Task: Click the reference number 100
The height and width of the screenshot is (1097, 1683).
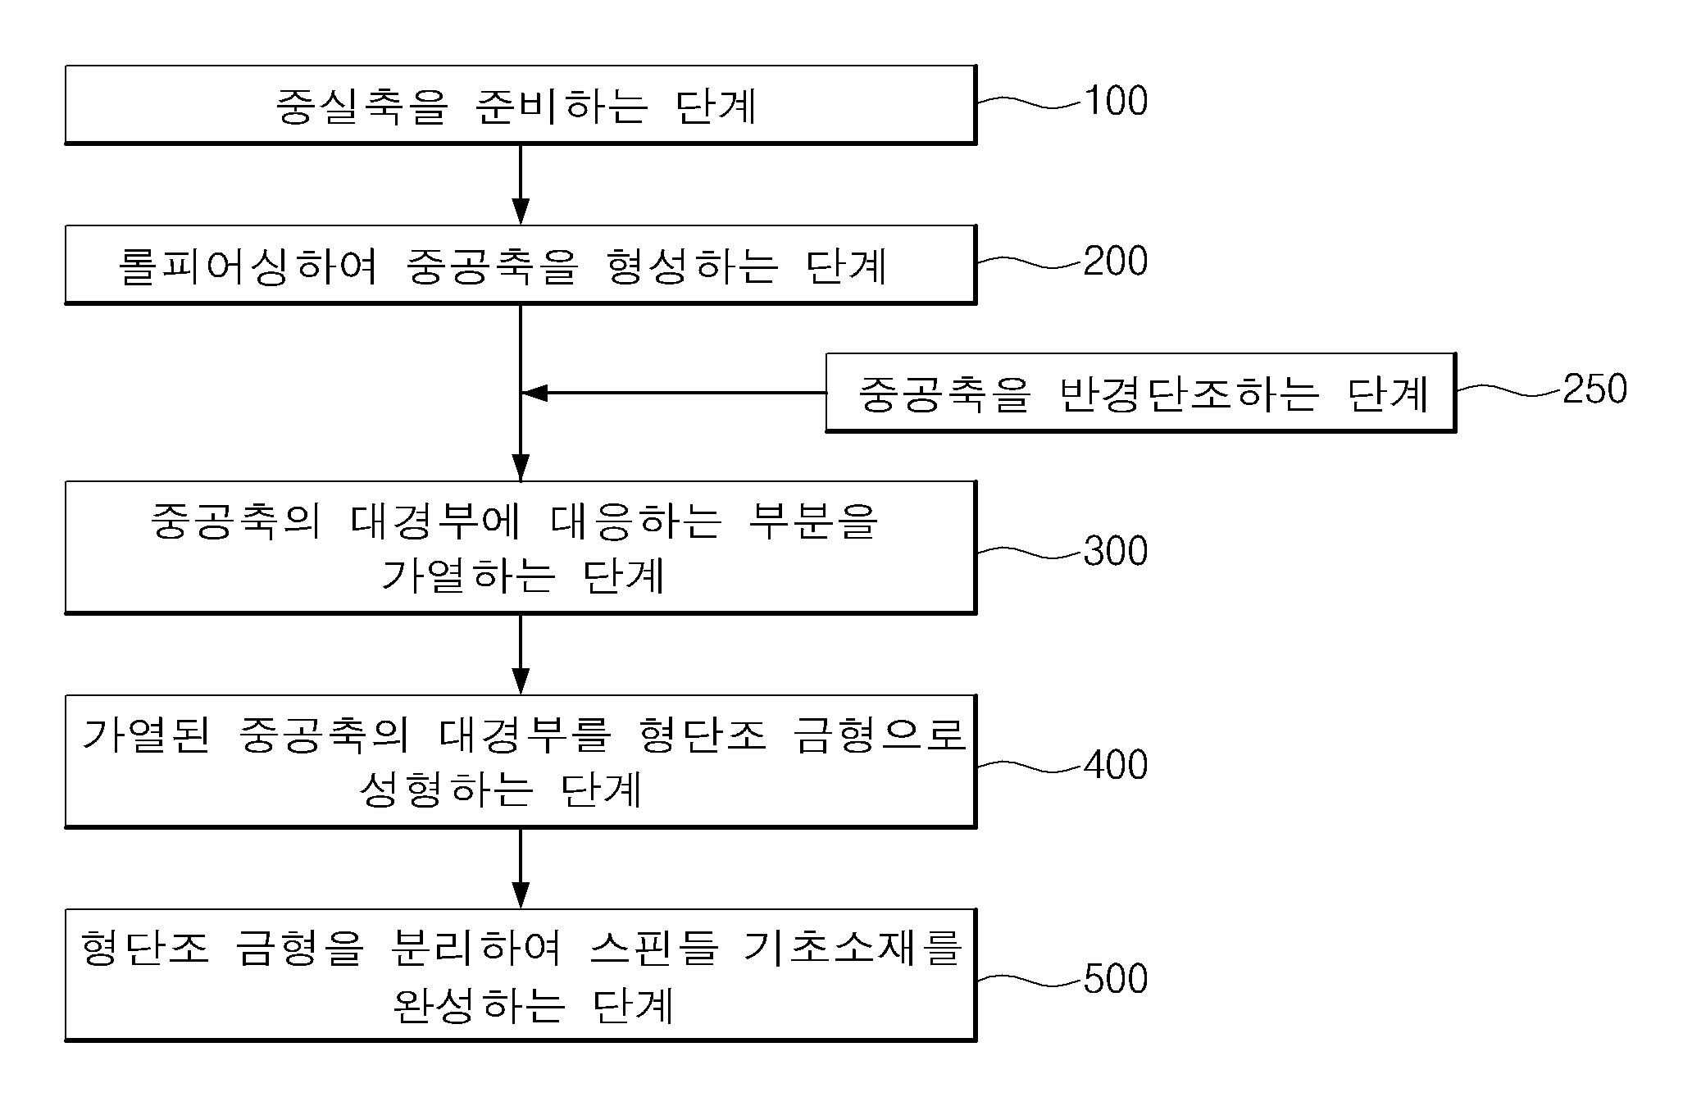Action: click(x=1116, y=101)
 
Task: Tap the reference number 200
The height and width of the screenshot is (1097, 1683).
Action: click(x=1116, y=262)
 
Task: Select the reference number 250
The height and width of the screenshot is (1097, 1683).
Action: click(x=1595, y=389)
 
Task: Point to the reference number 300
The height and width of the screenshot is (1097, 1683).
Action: click(x=1116, y=551)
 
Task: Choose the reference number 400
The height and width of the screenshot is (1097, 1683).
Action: click(x=1116, y=765)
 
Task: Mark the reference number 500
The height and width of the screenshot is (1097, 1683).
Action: click(x=1116, y=979)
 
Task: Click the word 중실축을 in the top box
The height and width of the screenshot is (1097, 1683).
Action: click(x=362, y=106)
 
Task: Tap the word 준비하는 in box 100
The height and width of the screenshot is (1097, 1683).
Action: click(x=562, y=106)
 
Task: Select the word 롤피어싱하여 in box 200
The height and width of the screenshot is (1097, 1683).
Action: click(x=248, y=266)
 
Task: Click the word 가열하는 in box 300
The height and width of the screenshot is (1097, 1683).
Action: click(x=469, y=576)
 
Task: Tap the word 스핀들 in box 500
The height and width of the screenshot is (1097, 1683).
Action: click(x=655, y=949)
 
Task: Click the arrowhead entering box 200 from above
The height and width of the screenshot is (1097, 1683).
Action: click(x=521, y=211)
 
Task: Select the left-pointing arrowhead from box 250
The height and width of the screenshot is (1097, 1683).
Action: click(x=535, y=394)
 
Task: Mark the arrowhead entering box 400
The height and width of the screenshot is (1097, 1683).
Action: click(x=521, y=681)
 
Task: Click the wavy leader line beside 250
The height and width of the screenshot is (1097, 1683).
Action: click(x=1509, y=391)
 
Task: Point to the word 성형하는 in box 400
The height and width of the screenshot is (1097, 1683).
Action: click(x=447, y=790)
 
